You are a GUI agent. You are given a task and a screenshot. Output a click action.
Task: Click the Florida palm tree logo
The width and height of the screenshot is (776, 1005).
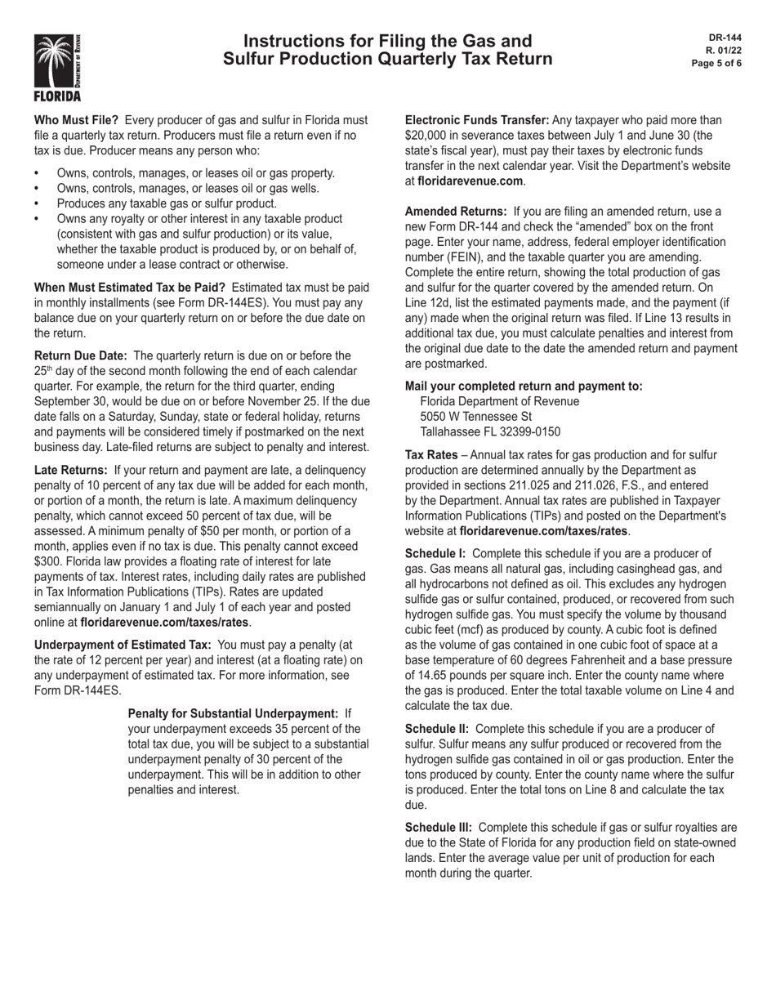tap(57, 66)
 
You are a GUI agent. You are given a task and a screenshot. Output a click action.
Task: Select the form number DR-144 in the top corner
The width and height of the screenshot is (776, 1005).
tap(725, 38)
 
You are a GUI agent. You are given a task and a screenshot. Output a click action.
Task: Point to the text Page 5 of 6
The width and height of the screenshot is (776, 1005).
tap(716, 64)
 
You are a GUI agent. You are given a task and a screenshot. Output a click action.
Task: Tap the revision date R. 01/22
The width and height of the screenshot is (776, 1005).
tap(724, 51)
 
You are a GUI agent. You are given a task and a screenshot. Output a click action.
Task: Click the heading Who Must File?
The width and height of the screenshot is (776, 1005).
tap(76, 120)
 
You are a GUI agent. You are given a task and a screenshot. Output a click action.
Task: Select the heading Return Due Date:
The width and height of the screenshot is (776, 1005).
tap(80, 355)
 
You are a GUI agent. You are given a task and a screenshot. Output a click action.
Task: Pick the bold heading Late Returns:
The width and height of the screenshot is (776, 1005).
tap(70, 470)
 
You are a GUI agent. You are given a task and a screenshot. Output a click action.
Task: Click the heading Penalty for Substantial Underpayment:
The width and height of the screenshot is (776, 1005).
tap(233, 713)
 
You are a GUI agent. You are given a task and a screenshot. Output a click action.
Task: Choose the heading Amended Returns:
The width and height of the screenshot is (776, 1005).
tap(456, 212)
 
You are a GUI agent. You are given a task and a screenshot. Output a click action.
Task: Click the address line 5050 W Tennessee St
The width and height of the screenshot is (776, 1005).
tap(475, 417)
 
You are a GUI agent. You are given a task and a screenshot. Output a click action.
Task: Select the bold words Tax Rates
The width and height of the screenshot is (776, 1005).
tap(431, 455)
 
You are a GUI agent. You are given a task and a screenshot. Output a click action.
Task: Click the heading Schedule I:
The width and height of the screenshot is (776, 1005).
tap(435, 553)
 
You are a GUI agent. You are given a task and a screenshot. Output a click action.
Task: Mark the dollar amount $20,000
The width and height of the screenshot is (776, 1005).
tap(425, 136)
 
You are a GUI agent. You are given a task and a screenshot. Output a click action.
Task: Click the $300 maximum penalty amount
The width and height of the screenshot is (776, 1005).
tap(48, 561)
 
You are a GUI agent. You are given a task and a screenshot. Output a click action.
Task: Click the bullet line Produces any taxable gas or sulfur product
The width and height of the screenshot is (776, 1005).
tap(167, 203)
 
